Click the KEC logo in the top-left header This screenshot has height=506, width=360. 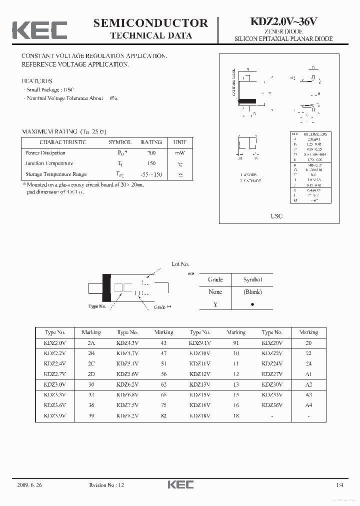coord(39,30)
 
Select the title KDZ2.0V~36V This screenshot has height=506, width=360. coord(283,22)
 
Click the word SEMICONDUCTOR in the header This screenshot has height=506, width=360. coord(150,23)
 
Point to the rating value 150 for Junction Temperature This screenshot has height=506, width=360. coord(151,163)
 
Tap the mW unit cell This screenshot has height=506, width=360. coord(180,153)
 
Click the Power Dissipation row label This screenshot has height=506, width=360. coord(45,153)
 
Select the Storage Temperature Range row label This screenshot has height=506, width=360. coord(56,174)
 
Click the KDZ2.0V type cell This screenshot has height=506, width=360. coord(54,343)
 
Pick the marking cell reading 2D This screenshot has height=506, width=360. coord(91,374)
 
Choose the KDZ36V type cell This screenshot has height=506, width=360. coord(272,405)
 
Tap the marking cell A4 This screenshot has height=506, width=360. coord(308,405)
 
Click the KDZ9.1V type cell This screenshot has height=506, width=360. coord(199,343)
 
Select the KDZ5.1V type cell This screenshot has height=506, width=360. coord(127,363)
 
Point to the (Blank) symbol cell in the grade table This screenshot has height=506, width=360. coord(252,292)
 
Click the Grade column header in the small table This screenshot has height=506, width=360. coord(215,279)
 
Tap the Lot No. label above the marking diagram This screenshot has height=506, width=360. coord(180,264)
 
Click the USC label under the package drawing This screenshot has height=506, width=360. coord(276,216)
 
